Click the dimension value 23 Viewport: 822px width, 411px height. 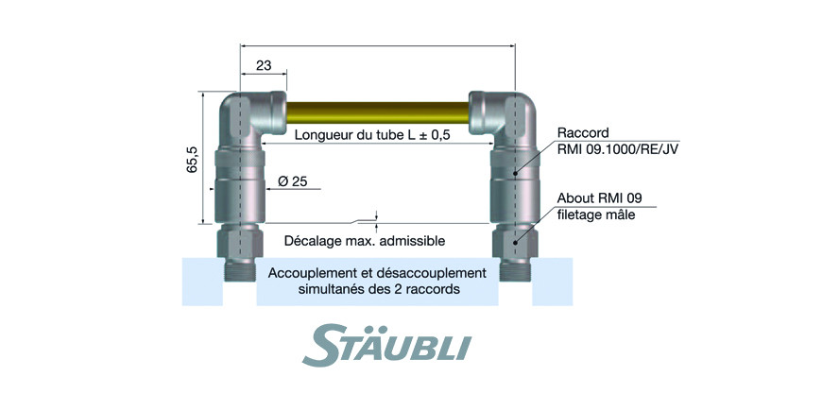264,66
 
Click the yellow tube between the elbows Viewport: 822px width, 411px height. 377,112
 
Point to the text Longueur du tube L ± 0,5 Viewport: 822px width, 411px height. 373,135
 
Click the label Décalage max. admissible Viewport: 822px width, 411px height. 365,241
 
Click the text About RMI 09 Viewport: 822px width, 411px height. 600,198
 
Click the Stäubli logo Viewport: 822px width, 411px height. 386,344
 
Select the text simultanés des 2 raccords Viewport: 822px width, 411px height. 379,289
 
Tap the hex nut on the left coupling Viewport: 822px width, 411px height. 240,242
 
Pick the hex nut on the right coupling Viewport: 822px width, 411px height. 515,242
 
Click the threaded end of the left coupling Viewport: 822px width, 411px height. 240,271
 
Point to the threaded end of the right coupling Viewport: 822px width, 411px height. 515,271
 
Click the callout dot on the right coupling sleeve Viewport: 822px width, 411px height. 515,173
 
